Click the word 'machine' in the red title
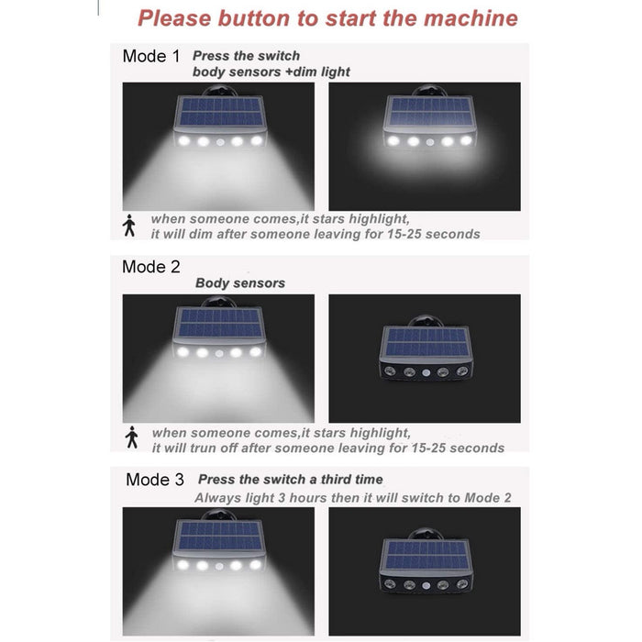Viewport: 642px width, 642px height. (470, 18)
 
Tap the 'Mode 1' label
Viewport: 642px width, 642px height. (151, 56)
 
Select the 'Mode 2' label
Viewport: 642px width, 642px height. (151, 267)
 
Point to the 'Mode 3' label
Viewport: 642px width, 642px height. (155, 480)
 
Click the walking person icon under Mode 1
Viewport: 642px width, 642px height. (129, 226)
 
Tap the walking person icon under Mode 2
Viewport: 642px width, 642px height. (131, 437)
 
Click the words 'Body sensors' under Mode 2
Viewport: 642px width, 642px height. (240, 282)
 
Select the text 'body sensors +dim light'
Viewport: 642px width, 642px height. (271, 72)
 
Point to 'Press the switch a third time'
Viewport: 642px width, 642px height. (291, 480)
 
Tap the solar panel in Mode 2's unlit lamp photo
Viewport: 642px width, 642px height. (426, 343)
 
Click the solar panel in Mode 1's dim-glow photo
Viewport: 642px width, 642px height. (429, 111)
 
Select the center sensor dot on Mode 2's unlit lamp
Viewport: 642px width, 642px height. (426, 372)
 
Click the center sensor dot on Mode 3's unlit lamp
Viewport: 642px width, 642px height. (426, 585)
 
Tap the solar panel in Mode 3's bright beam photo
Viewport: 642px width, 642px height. (220, 537)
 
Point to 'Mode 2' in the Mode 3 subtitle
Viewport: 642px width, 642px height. (488, 498)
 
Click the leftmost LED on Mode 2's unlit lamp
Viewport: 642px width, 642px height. (390, 371)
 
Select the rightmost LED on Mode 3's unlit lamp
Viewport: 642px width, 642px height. (462, 584)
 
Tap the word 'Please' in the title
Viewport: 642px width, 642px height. (175, 18)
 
